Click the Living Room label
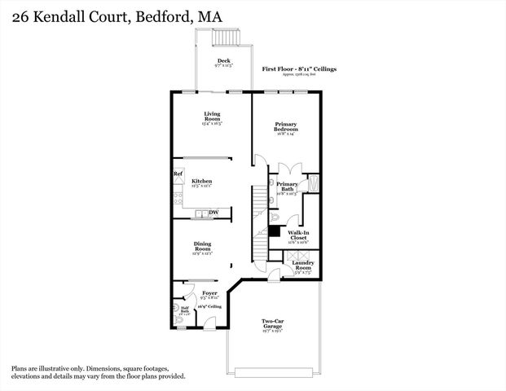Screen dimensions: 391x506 [x=212, y=117]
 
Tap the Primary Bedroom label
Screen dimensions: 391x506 [x=285, y=127]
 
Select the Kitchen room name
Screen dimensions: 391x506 [x=202, y=181]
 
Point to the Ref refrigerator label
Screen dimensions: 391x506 [x=178, y=174]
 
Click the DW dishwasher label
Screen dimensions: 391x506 [x=213, y=213]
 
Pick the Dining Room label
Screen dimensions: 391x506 [x=203, y=246]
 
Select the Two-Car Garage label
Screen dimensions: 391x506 [x=272, y=323]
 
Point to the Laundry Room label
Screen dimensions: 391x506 [x=303, y=266]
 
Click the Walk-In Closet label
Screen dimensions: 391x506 [x=299, y=235]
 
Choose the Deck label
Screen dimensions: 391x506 [x=222, y=61]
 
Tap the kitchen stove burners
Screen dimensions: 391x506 [x=178, y=195]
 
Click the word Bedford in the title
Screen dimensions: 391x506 [x=156, y=16]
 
